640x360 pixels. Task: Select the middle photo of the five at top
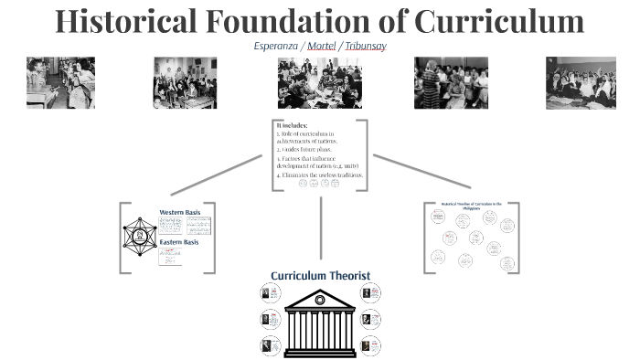320,83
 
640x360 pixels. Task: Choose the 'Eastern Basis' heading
178,242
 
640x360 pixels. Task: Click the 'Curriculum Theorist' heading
319,275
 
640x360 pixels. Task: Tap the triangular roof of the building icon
320,299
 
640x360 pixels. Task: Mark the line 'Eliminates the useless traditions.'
321,174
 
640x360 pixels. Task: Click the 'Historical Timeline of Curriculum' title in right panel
473,206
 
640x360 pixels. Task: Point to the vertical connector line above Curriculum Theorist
320,228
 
